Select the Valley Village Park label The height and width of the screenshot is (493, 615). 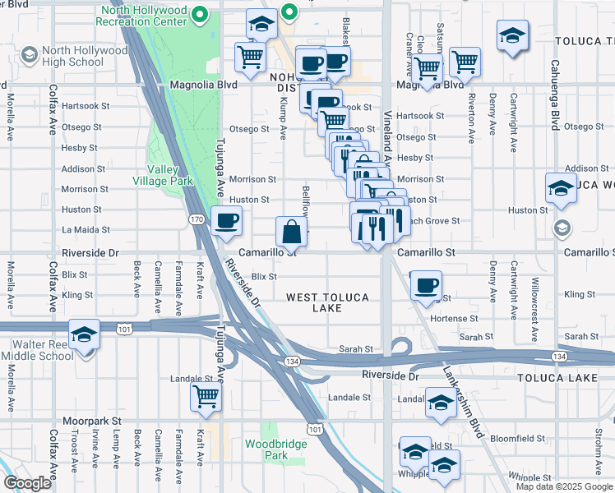pos(164,175)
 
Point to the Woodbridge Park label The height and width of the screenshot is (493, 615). pos(266,449)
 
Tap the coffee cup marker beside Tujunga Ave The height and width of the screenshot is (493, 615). pos(226,221)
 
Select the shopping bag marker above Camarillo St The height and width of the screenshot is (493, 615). pos(292,232)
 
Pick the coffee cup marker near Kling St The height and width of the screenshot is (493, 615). pos(425,285)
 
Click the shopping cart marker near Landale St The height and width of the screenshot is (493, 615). pos(206,397)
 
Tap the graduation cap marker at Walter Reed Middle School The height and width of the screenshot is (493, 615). pos(85,334)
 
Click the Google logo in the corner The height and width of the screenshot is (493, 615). pos(27,483)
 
